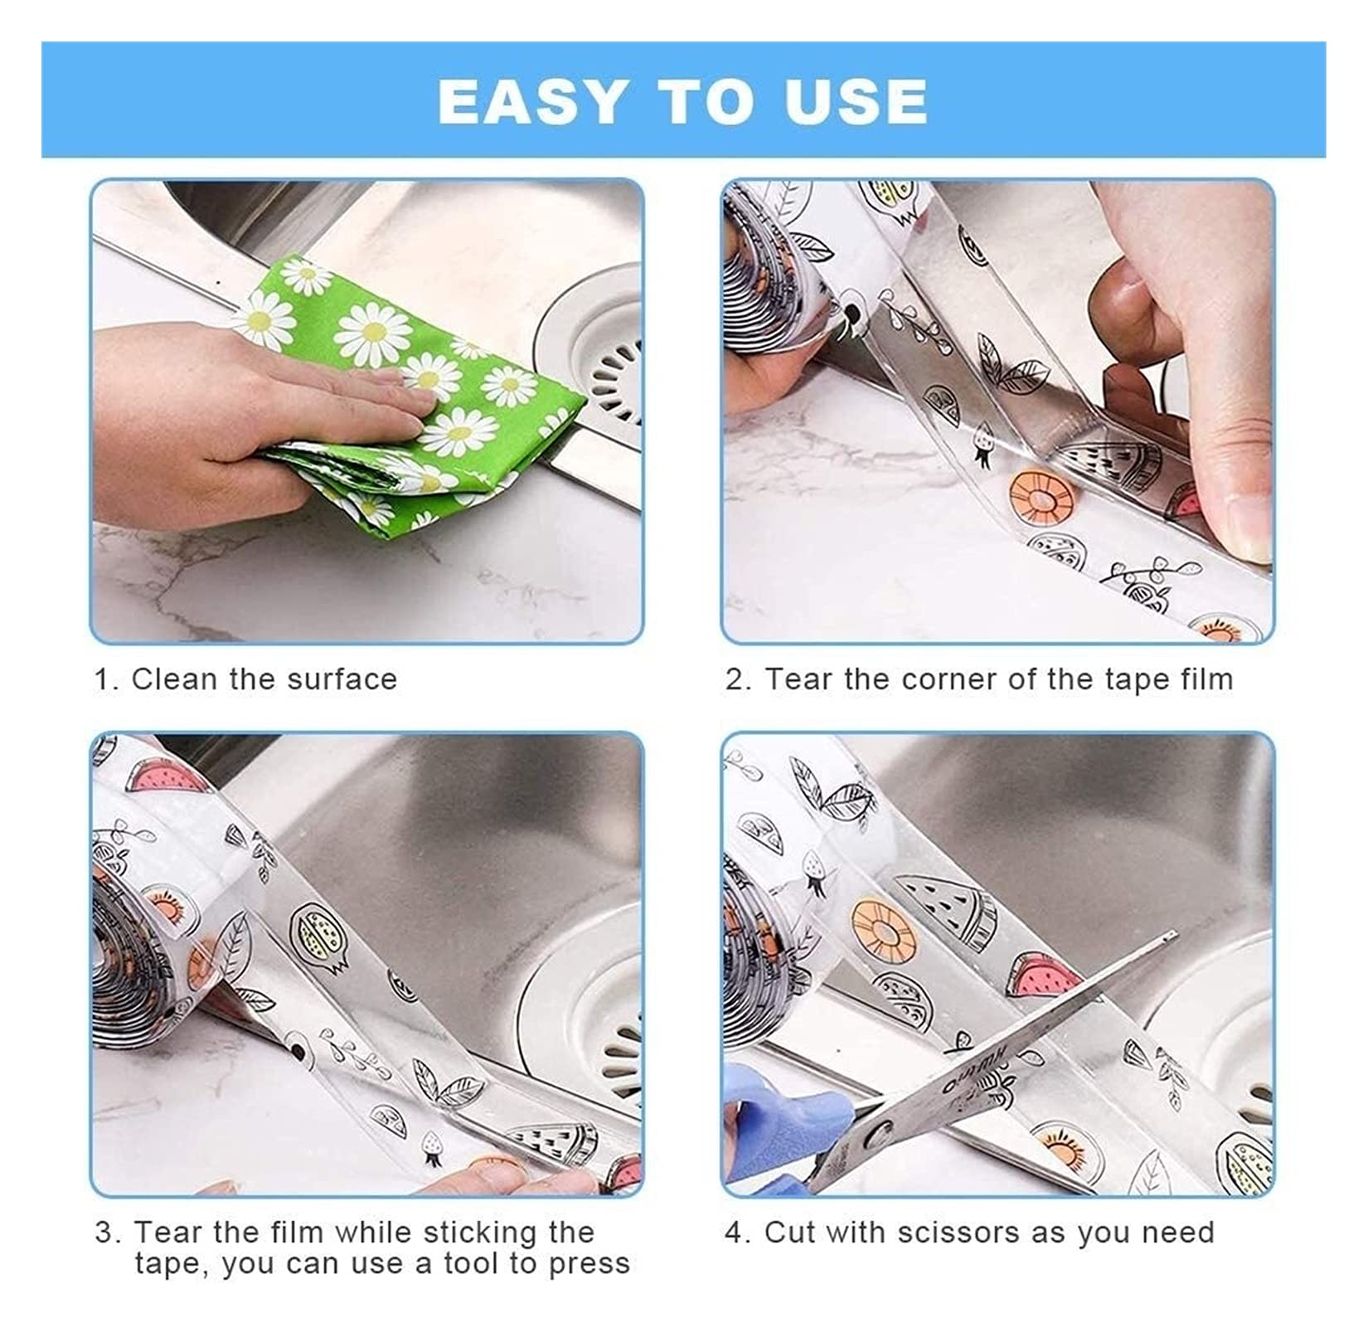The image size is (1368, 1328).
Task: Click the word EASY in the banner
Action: click(x=531, y=101)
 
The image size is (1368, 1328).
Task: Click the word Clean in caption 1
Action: click(x=175, y=679)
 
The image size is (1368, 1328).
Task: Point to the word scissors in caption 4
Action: click(x=940, y=1233)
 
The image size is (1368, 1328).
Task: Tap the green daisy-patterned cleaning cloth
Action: click(x=415, y=373)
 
